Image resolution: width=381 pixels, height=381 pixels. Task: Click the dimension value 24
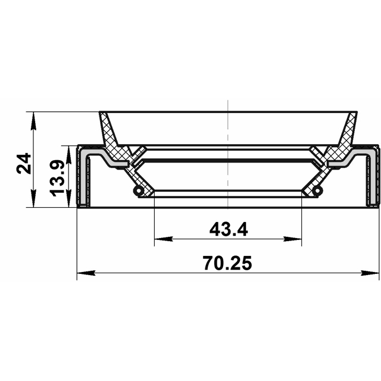24,163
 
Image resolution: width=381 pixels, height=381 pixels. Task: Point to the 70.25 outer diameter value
228,262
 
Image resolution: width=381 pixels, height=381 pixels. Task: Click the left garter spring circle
138,191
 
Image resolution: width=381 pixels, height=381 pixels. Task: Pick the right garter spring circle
317,191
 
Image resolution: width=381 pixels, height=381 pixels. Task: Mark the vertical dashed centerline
228,149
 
